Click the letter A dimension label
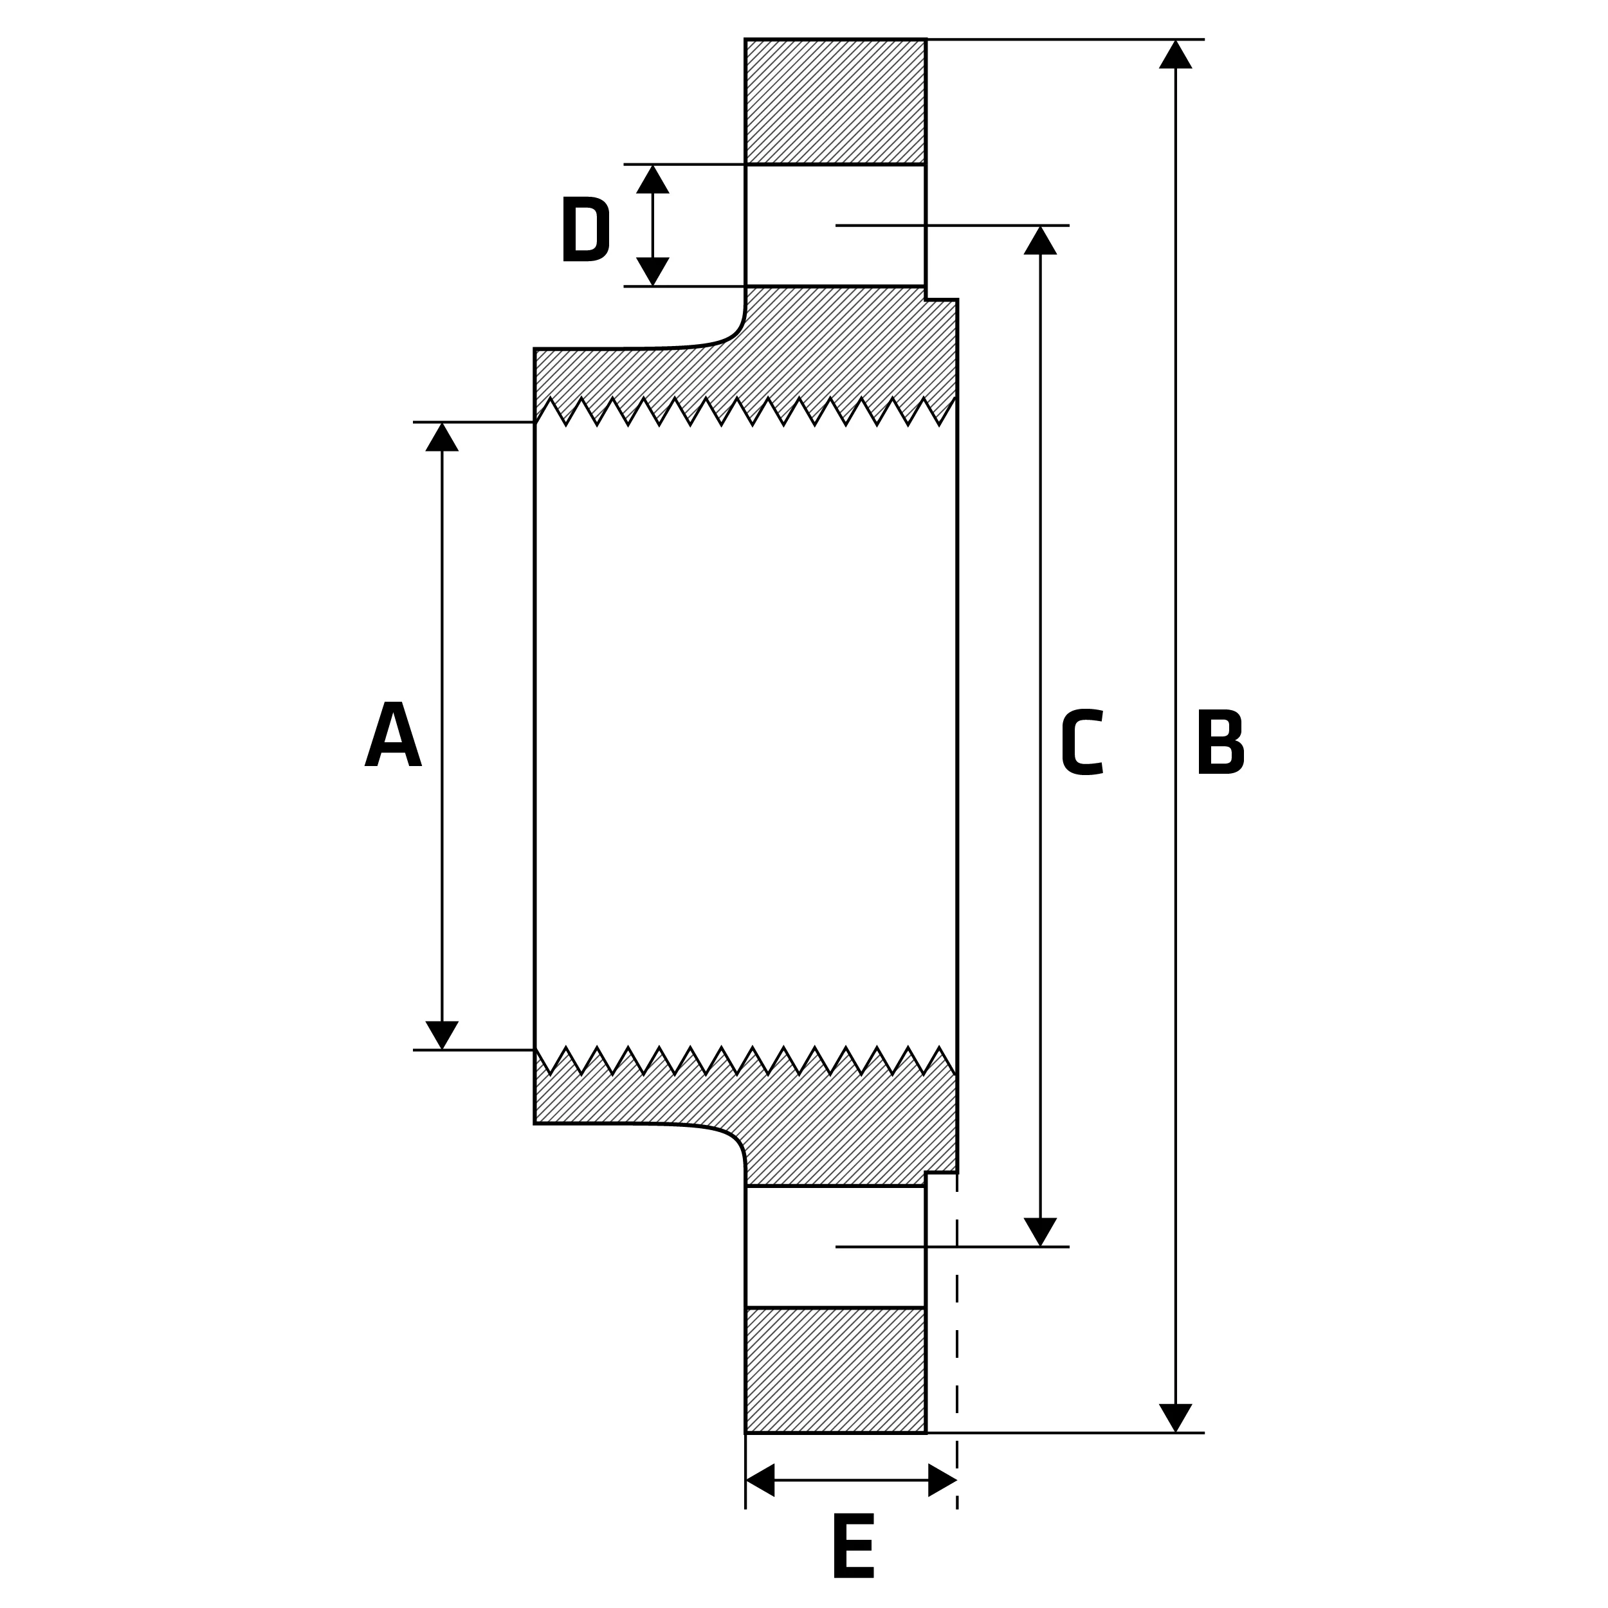tap(393, 733)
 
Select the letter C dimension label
tap(1082, 742)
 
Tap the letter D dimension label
tap(586, 229)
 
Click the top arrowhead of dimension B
tap(1175, 54)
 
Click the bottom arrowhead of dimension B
tap(1175, 1418)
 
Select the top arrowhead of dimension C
tap(1040, 241)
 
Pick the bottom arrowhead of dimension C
tap(1040, 1232)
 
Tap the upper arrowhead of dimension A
tap(442, 437)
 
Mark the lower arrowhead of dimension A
tap(442, 1036)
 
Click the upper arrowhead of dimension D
tap(652, 179)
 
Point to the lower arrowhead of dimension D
tap(652, 271)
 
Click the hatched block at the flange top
tap(836, 102)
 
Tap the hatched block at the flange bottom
tap(836, 1371)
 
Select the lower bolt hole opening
tap(836, 1247)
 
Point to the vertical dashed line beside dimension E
tap(957, 1351)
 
